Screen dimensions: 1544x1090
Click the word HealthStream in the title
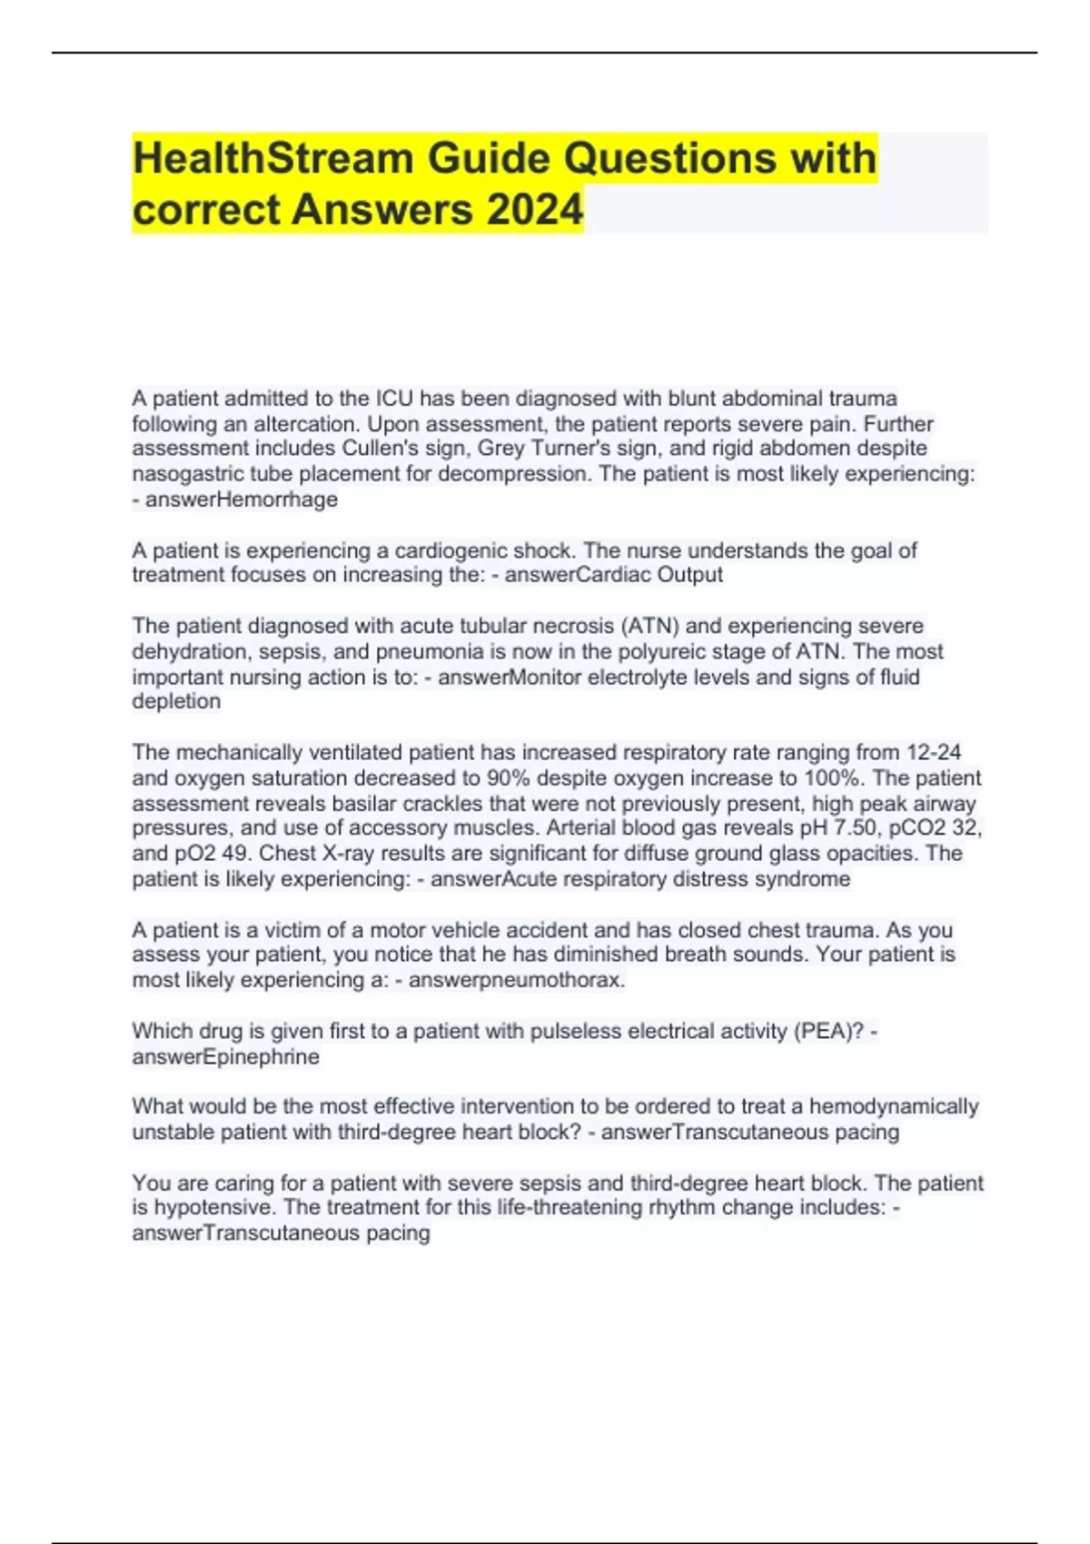(x=273, y=158)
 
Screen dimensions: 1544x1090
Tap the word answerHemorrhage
(x=242, y=500)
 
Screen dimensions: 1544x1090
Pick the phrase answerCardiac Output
(x=614, y=575)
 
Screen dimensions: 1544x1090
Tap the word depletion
(x=176, y=702)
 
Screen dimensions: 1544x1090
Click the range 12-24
(x=934, y=753)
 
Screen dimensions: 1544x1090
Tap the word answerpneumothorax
(x=517, y=981)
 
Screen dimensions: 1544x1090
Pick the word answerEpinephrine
(x=225, y=1057)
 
